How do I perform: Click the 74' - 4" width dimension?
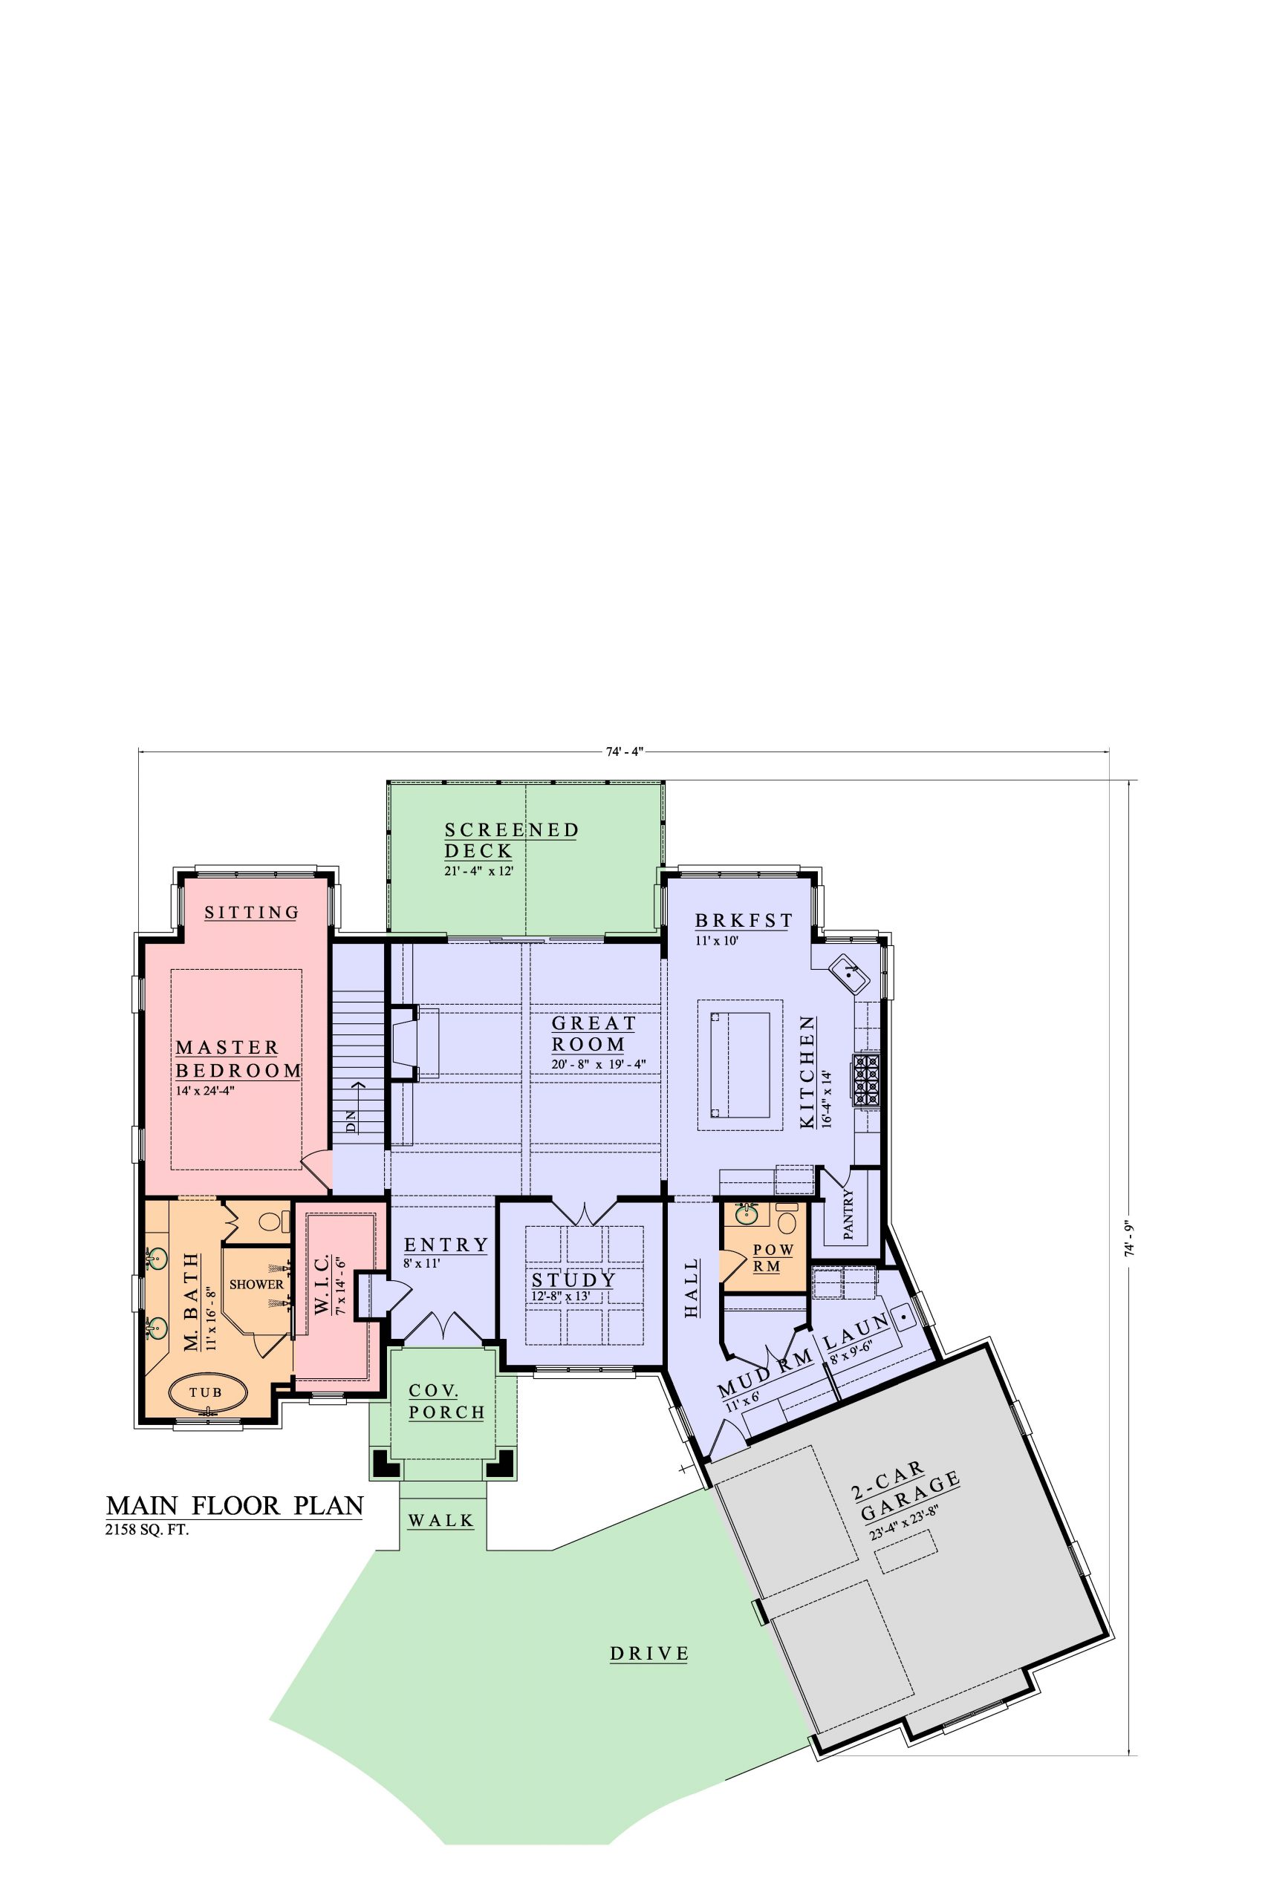(623, 751)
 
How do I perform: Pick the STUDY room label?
(573, 1280)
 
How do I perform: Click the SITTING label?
(252, 913)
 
